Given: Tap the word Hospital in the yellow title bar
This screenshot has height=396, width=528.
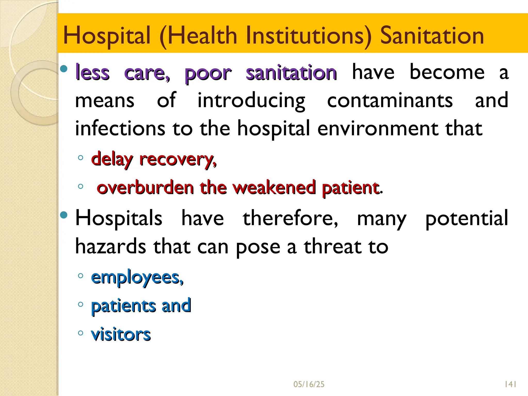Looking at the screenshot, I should [x=107, y=36].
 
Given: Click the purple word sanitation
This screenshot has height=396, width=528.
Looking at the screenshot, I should [x=291, y=73].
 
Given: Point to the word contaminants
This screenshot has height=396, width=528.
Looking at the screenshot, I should [x=390, y=101].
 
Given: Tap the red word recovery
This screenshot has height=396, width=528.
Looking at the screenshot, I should [x=178, y=160].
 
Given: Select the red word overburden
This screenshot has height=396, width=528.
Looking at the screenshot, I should [x=145, y=187].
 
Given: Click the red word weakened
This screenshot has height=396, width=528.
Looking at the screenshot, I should [x=274, y=187].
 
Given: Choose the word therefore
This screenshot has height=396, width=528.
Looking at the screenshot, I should [x=290, y=218].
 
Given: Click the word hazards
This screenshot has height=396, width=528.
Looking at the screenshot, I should [x=111, y=246].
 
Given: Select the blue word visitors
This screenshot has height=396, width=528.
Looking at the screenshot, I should [x=121, y=334].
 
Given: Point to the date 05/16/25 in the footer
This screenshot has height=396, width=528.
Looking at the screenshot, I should [x=309, y=384].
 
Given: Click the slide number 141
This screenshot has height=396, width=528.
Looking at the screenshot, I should [x=510, y=384].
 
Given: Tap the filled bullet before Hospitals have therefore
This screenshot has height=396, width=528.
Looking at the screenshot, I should [x=64, y=214].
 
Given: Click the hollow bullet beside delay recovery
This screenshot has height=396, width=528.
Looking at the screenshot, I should [x=80, y=158].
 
